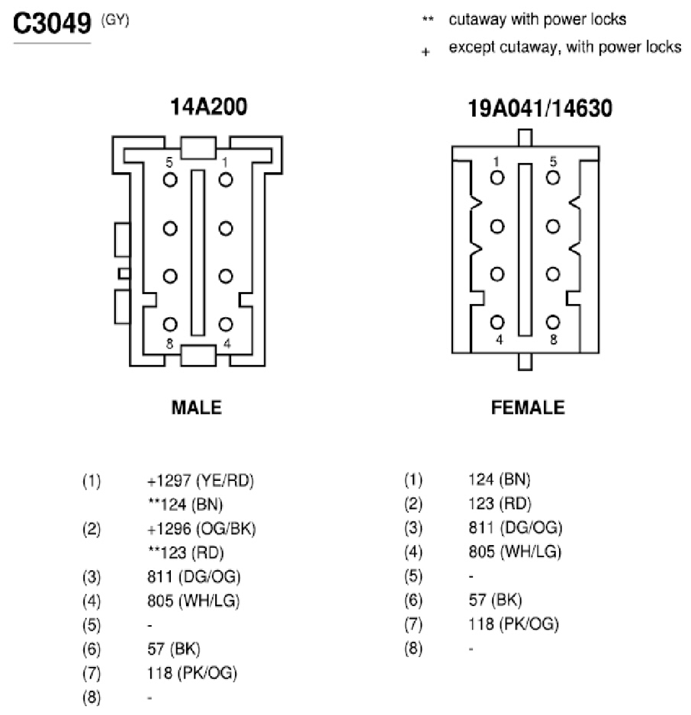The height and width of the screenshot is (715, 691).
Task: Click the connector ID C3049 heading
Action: (x=52, y=24)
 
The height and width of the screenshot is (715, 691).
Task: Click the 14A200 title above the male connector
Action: (x=208, y=107)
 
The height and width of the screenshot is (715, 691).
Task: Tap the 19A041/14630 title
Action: (x=540, y=108)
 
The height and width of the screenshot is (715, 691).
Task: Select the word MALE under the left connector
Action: (x=197, y=407)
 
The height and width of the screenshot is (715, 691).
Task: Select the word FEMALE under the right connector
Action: (x=528, y=407)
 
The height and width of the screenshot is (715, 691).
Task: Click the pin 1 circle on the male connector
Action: (x=226, y=180)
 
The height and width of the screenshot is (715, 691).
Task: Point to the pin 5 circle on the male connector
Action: (x=170, y=180)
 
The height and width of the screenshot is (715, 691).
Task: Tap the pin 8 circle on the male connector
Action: (x=170, y=324)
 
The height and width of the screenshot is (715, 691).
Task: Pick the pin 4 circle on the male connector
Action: (x=226, y=324)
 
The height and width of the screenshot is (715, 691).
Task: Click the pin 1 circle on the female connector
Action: (x=497, y=178)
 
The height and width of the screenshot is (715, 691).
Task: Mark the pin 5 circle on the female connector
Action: (x=553, y=178)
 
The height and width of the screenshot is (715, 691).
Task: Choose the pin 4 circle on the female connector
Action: (x=497, y=322)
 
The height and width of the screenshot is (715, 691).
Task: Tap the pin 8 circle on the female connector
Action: (x=553, y=322)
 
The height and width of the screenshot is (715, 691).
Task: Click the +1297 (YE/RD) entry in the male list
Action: (x=201, y=481)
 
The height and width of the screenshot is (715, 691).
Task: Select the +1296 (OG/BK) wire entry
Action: (x=201, y=529)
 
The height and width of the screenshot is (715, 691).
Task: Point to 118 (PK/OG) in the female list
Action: (x=513, y=624)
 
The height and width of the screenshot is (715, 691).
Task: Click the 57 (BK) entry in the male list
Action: (x=174, y=649)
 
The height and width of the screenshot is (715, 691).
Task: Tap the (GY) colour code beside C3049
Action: (x=115, y=21)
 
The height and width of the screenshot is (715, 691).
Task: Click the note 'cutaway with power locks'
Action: (x=537, y=20)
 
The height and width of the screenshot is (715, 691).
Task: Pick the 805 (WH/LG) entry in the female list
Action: (x=515, y=552)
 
